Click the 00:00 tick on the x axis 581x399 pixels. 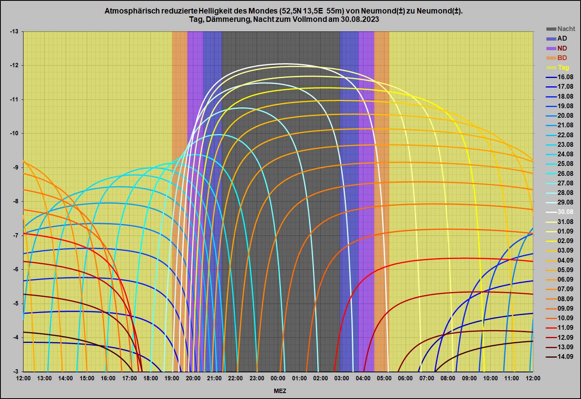(x=278, y=378)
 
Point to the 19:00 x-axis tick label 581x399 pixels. (x=172, y=378)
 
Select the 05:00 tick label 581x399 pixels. (x=384, y=378)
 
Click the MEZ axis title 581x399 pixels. (x=280, y=391)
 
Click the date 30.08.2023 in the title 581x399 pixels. (x=359, y=19)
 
